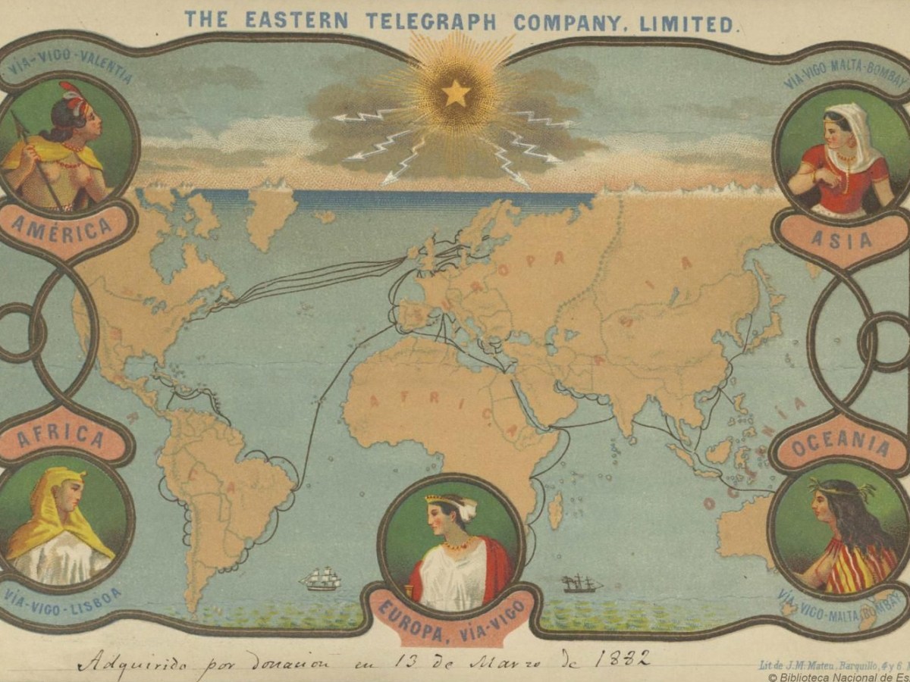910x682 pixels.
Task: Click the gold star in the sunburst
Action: [456, 93]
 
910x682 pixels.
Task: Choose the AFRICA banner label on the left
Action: [61, 437]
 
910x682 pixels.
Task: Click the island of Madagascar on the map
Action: [556, 510]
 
